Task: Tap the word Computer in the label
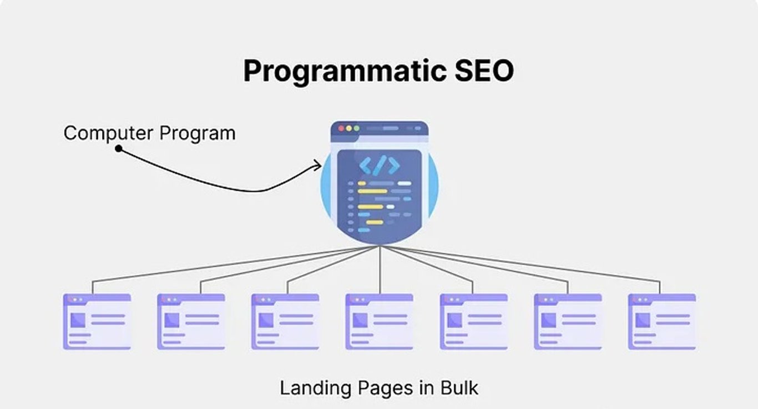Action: pos(108,133)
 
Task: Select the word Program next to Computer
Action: pos(198,134)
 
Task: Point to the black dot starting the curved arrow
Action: pos(118,148)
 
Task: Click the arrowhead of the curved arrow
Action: pos(319,164)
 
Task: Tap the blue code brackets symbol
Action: pos(379,166)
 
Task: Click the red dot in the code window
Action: pos(341,128)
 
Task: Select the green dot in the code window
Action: pos(356,128)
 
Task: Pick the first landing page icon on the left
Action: pos(97,321)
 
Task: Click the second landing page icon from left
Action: pos(191,321)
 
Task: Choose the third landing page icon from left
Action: pos(285,321)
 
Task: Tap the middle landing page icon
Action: pos(380,321)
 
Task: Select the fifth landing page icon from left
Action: pos(474,321)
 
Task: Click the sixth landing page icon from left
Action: pos(568,321)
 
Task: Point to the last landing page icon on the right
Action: pos(662,321)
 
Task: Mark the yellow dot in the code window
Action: pos(349,128)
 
